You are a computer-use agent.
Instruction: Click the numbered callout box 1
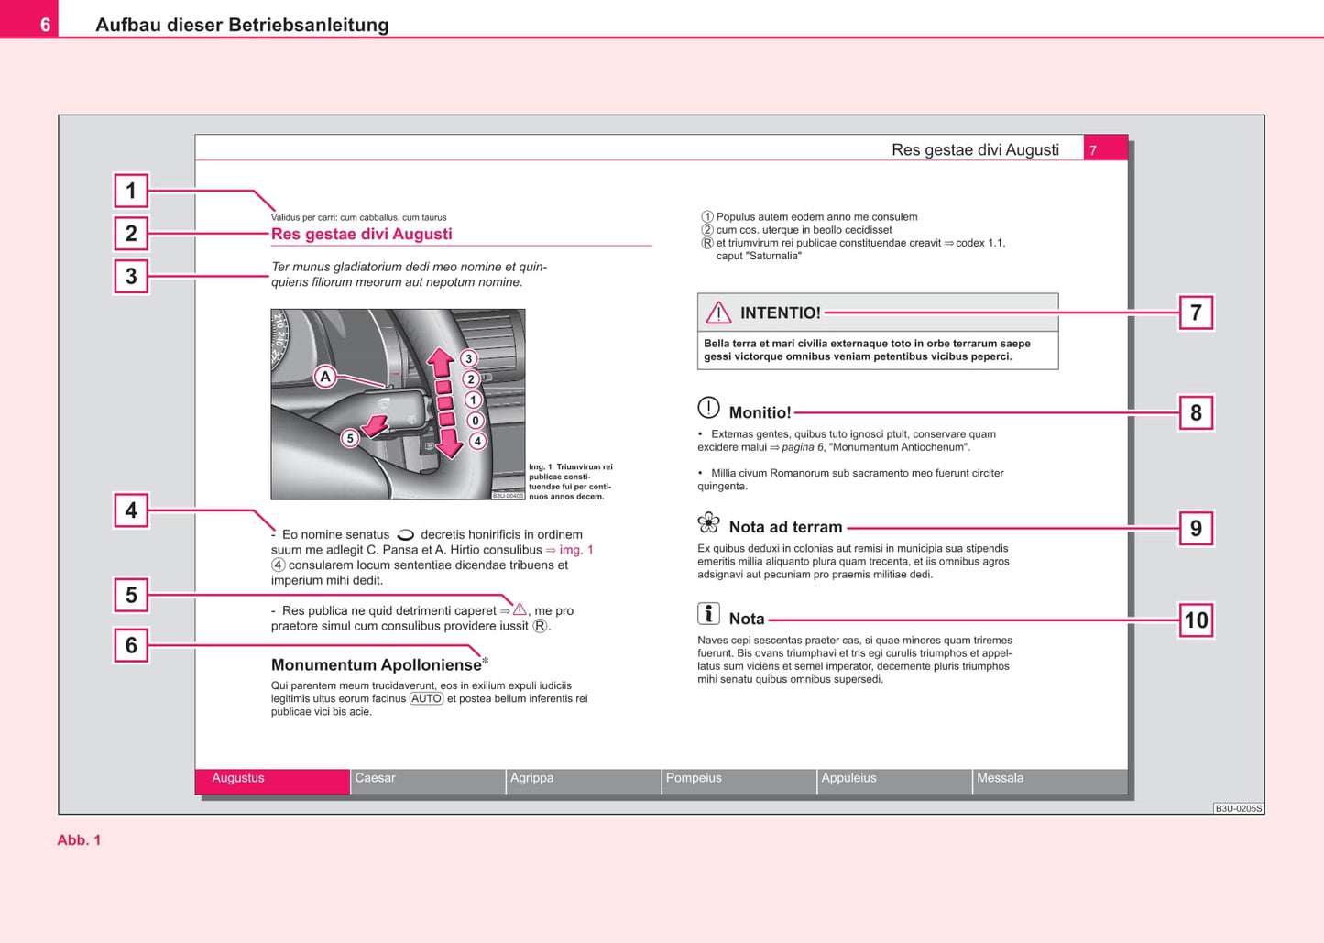[x=131, y=191]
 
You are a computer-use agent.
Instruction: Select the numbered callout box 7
[x=1196, y=313]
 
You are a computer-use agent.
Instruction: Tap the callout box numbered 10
[x=1196, y=620]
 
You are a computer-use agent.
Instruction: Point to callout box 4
[x=131, y=510]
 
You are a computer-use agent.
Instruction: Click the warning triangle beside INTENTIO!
[x=718, y=313]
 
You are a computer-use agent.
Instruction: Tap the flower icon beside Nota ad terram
[x=708, y=523]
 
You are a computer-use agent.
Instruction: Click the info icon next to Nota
[x=708, y=614]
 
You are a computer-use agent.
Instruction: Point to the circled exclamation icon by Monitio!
[x=708, y=408]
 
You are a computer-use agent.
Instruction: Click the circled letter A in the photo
[x=325, y=376]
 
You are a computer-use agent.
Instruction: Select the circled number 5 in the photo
[x=349, y=438]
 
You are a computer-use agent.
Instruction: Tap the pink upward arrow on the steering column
[x=441, y=362]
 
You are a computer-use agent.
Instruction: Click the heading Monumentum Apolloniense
[x=376, y=665]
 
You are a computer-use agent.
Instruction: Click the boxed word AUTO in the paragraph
[x=426, y=698]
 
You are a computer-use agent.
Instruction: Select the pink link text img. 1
[x=576, y=550]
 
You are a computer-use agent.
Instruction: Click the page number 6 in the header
[x=45, y=25]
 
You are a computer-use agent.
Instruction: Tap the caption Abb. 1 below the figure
[x=79, y=840]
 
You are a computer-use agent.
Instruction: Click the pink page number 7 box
[x=1105, y=149]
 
